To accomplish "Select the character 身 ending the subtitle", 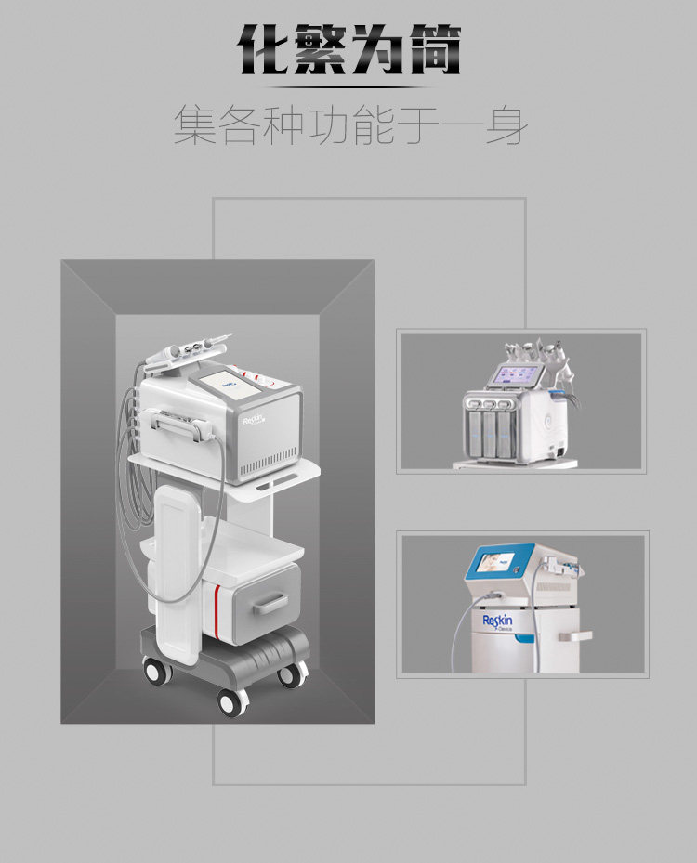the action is (x=505, y=124).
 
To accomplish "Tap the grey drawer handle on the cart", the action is (x=272, y=604).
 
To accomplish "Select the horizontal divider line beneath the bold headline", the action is (x=348, y=87).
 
